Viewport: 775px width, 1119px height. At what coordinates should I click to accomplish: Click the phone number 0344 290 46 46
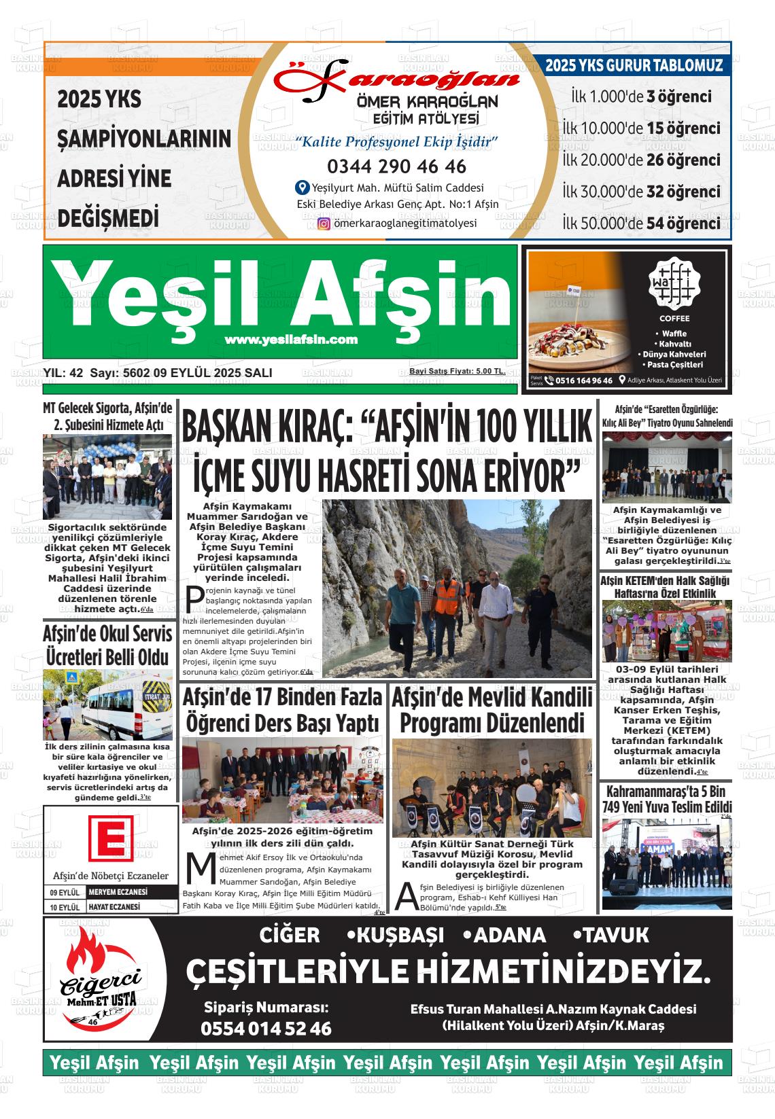396,166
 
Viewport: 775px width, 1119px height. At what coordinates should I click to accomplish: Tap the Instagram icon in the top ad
324,224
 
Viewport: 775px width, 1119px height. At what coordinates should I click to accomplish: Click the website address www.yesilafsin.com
290,340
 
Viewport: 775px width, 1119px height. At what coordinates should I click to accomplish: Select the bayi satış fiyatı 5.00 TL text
457,372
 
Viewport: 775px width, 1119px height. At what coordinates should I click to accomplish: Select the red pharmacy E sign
110,835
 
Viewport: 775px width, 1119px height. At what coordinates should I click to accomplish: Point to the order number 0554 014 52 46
266,1029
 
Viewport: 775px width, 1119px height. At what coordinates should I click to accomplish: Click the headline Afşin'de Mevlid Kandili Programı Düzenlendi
492,710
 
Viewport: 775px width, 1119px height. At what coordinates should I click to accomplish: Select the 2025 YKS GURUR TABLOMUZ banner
633,66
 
